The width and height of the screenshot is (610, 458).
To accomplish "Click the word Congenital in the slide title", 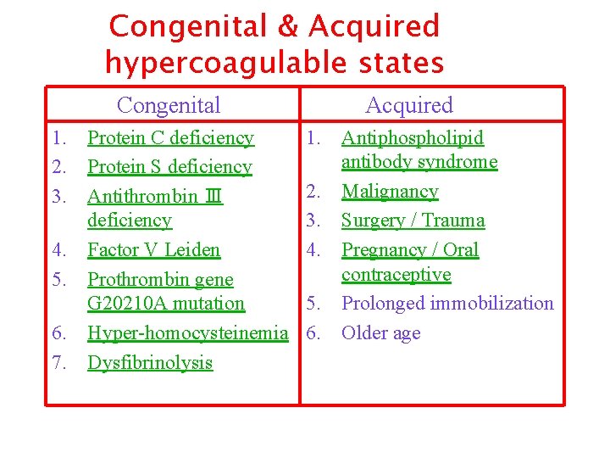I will tap(187, 27).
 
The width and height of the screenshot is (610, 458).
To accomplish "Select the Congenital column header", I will tap(169, 105).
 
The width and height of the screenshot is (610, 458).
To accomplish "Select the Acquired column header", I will tap(409, 105).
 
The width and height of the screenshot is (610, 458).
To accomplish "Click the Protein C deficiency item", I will tap(170, 137).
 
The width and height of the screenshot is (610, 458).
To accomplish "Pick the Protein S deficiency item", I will tap(169, 167).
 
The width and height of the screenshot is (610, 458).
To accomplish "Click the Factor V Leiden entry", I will tap(153, 250).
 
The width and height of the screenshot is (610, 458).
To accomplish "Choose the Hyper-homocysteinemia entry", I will tap(188, 333).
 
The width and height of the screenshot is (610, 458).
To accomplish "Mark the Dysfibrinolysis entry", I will tap(150, 363).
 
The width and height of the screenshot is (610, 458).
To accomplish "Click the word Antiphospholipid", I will tap(413, 137).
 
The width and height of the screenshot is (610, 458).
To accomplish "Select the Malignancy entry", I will tap(390, 192).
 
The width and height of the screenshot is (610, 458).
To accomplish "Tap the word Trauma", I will tap(456, 221).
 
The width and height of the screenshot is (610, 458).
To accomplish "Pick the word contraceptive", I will tap(396, 275).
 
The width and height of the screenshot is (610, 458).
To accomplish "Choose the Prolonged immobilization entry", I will tap(447, 304).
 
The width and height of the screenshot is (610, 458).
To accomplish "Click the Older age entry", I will tap(380, 333).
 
